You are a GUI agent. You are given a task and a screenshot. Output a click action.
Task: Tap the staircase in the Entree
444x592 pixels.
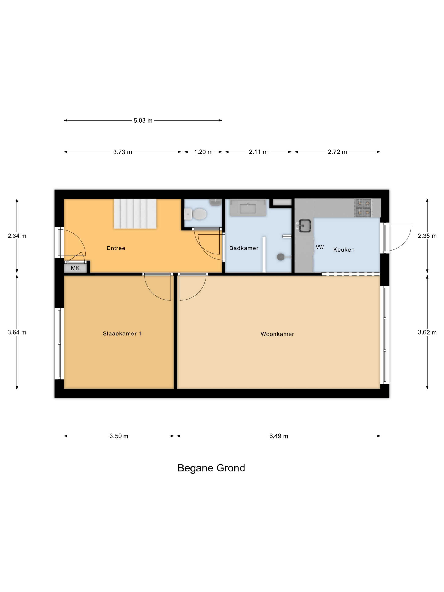click(x=135, y=214)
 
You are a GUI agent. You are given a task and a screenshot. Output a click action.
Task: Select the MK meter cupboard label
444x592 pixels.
click(x=75, y=268)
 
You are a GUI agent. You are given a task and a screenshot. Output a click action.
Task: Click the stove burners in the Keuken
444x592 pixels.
click(x=363, y=208)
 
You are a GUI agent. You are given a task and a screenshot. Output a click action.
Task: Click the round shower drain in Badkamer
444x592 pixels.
click(x=280, y=257)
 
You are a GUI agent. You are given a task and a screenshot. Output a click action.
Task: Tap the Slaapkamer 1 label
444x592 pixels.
click(x=122, y=333)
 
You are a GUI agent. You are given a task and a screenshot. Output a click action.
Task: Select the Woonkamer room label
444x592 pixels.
click(x=277, y=334)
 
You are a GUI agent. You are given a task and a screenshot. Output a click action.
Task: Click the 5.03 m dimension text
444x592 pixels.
click(x=143, y=121)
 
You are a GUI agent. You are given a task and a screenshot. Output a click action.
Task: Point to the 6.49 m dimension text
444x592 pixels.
click(x=279, y=436)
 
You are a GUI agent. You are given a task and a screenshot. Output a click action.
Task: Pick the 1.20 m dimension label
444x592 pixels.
click(x=203, y=152)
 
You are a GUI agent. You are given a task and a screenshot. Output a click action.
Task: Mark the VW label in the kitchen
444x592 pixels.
click(x=320, y=247)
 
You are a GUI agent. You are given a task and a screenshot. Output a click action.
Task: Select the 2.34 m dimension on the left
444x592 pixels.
click(x=17, y=236)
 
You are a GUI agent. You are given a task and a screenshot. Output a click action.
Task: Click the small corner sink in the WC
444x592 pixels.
click(x=215, y=202)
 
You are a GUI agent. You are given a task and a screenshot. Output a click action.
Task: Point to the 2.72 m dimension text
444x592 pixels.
click(x=337, y=152)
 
